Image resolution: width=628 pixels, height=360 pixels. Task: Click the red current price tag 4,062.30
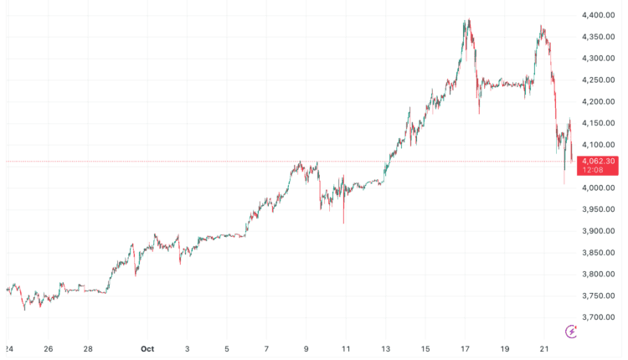tap(598, 161)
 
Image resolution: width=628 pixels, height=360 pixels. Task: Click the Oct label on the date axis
tap(147, 348)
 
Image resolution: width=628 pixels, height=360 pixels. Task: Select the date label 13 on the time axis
tap(385, 348)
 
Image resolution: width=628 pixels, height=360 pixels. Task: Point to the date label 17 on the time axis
tap(465, 348)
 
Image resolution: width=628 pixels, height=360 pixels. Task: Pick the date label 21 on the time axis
tap(544, 348)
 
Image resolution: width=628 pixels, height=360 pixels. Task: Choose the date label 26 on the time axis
tap(48, 348)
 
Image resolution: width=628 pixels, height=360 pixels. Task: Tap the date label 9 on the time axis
tap(306, 348)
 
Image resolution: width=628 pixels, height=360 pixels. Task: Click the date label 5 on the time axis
tap(226, 348)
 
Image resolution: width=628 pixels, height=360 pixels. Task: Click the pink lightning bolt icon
tap(572, 332)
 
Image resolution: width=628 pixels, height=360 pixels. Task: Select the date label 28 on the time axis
tap(87, 348)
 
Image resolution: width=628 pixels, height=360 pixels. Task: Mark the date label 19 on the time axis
tap(504, 348)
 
